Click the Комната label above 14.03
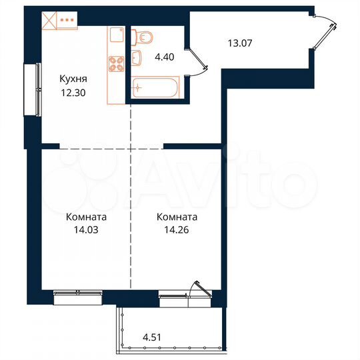(87, 217)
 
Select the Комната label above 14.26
(176, 217)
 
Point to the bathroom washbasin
(138, 59)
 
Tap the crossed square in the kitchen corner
(49, 20)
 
